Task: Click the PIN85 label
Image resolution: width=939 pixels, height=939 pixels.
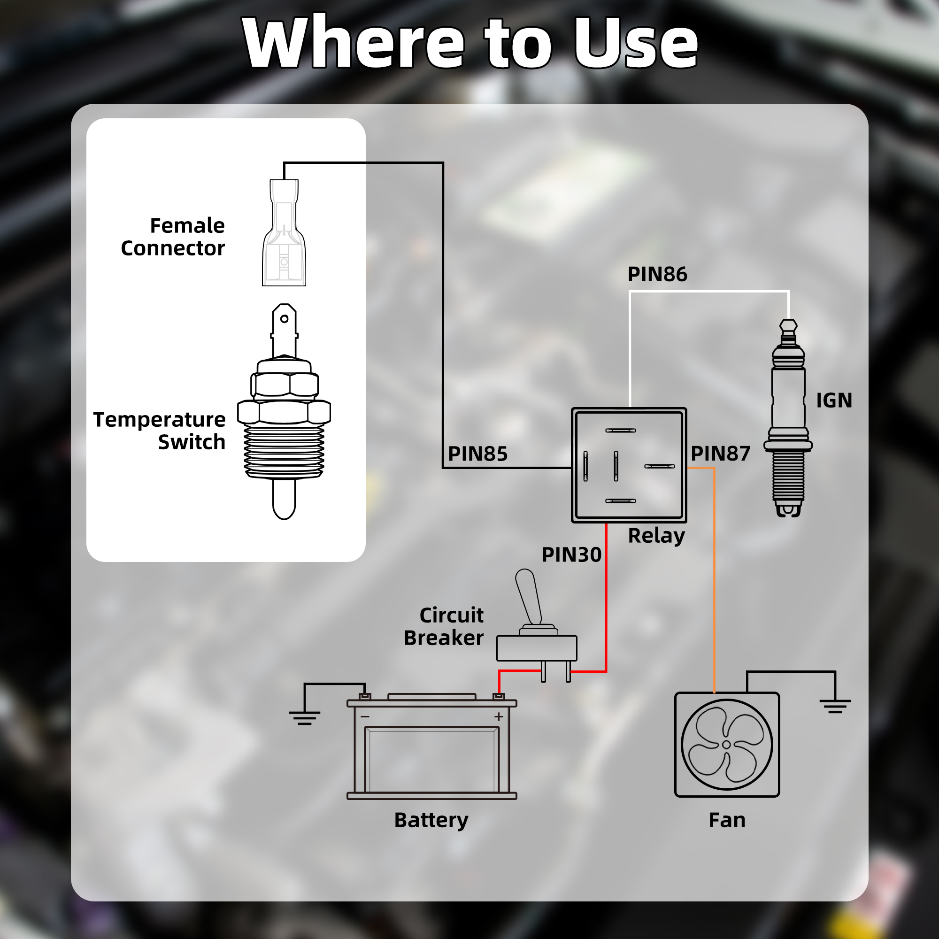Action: click(x=477, y=454)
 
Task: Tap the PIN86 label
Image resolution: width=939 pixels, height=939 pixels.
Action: click(x=657, y=274)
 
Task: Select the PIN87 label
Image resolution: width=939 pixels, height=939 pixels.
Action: click(x=720, y=454)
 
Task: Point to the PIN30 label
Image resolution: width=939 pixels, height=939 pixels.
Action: click(x=571, y=554)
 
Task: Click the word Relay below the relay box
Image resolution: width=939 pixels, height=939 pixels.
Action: click(x=656, y=536)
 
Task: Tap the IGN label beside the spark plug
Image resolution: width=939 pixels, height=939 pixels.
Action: click(x=833, y=400)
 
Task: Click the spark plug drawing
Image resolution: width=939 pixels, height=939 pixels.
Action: click(x=788, y=418)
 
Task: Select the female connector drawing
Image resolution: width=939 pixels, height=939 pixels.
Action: click(x=284, y=233)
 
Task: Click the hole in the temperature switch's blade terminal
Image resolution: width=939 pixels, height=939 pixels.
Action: click(x=285, y=319)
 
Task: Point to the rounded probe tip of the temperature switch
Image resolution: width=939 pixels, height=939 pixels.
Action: click(x=284, y=506)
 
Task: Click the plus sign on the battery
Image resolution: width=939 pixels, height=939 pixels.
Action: click(x=499, y=717)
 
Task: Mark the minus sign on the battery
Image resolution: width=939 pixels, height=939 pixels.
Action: click(x=365, y=717)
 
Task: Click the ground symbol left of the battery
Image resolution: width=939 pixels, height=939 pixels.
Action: click(x=305, y=717)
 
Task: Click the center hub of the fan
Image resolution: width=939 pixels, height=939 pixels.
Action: click(x=726, y=745)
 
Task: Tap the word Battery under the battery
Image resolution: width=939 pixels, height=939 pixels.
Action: click(x=431, y=820)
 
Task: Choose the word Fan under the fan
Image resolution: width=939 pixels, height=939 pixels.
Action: click(x=727, y=820)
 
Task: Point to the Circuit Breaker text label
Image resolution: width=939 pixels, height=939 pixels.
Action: click(x=444, y=626)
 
